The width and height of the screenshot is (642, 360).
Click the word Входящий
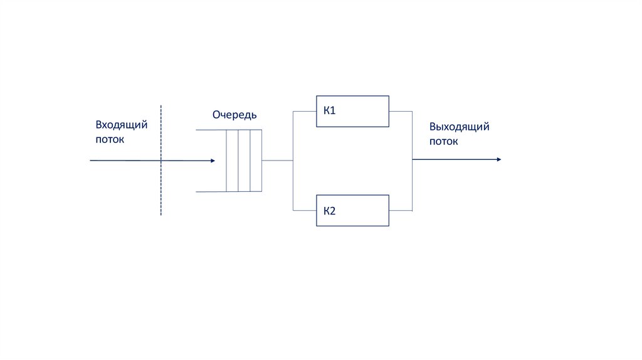(x=122, y=125)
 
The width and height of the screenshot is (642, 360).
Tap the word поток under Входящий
(x=110, y=139)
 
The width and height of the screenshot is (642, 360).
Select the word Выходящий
(x=459, y=127)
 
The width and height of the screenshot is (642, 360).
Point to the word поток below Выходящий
(x=443, y=142)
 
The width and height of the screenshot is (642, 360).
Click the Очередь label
(x=234, y=115)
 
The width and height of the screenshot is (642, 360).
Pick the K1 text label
(x=330, y=111)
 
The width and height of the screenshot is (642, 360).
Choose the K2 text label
(x=330, y=210)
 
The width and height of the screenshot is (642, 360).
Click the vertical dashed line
(x=161, y=188)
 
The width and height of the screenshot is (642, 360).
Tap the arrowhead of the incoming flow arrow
(x=212, y=161)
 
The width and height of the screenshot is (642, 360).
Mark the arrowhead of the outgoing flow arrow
(x=498, y=159)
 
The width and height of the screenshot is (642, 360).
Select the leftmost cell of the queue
(x=232, y=160)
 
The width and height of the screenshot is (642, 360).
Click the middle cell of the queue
(x=244, y=160)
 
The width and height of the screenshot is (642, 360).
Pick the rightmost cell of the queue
(x=256, y=160)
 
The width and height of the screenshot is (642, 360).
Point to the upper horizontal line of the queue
(x=211, y=129)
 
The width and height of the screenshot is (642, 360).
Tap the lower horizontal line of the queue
(x=211, y=191)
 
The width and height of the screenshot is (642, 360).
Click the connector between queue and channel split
(x=277, y=160)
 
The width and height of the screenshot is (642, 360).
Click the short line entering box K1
(x=304, y=112)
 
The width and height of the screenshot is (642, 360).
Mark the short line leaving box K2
(x=401, y=210)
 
